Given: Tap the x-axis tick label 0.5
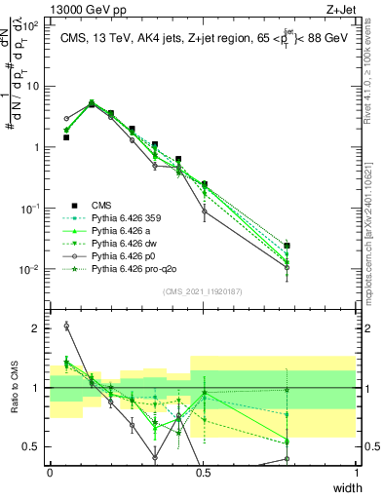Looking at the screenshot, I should pos(203,473).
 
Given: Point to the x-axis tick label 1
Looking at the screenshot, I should pos(356,473).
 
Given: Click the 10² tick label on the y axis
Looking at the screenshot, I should pos(31,25).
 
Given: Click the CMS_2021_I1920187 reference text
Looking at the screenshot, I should pos(203,290).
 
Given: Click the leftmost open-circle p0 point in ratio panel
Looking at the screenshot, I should pos(66,326).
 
